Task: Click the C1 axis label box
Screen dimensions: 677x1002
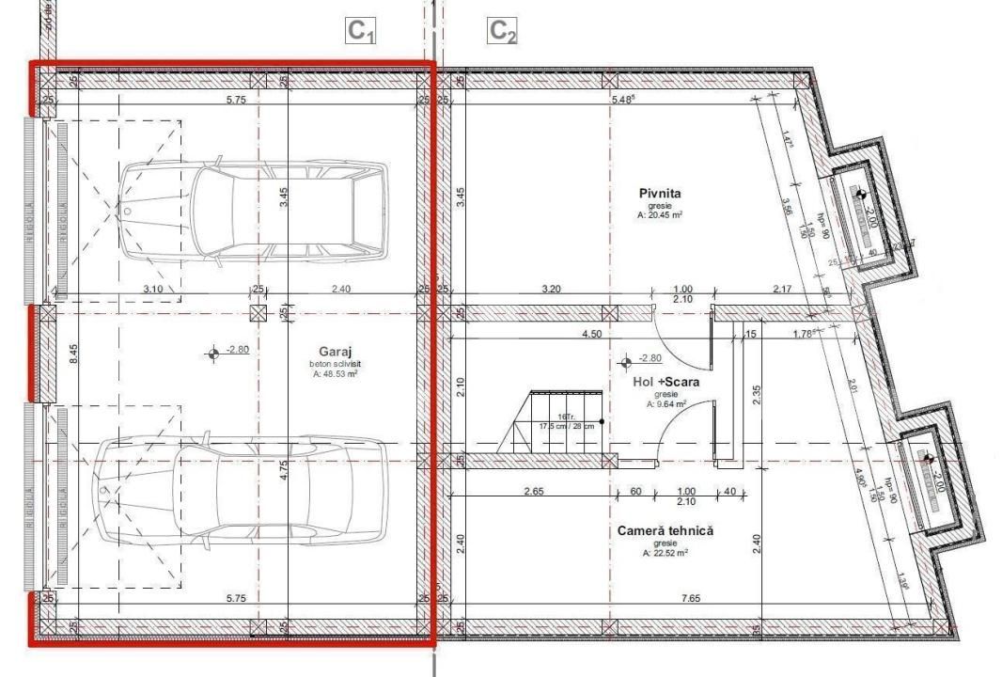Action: point(362,31)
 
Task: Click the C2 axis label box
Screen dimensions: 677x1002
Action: point(502,31)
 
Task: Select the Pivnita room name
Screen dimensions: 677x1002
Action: point(659,194)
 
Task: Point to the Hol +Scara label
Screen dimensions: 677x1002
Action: point(665,382)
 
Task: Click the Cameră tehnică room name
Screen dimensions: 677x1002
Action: point(665,531)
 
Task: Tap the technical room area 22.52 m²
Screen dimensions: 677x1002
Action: point(665,553)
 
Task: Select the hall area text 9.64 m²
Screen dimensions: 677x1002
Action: point(665,404)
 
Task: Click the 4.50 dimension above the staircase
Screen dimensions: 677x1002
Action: point(592,333)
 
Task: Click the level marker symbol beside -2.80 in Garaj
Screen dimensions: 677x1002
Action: point(215,354)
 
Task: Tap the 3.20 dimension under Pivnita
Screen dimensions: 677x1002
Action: point(551,289)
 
